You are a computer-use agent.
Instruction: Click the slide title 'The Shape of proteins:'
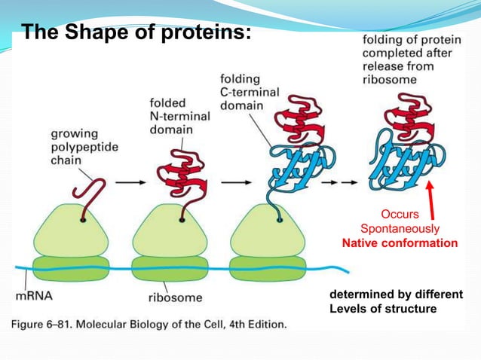[135, 33]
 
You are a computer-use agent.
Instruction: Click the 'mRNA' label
[35, 295]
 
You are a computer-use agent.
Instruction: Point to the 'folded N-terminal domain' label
[171, 116]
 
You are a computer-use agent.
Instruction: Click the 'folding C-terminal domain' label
[250, 92]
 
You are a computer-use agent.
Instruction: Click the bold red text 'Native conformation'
[400, 243]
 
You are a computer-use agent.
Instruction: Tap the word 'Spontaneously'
[400, 227]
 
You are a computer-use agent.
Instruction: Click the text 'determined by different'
[397, 294]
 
